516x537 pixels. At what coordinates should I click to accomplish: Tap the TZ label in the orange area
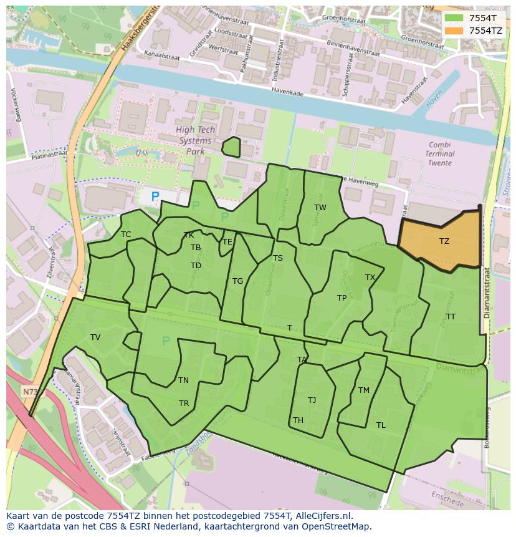click(444, 241)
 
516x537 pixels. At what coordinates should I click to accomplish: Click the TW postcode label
click(320, 208)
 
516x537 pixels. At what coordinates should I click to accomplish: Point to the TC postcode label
click(126, 235)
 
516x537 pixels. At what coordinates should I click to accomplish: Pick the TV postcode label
click(95, 337)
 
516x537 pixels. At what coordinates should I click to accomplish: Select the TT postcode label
click(451, 317)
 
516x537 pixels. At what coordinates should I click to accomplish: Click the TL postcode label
click(381, 425)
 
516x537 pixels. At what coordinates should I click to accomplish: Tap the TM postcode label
click(364, 390)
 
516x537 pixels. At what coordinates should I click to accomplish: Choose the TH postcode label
click(298, 420)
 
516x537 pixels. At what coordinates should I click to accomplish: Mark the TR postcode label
click(184, 404)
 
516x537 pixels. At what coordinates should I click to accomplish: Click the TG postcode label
click(237, 281)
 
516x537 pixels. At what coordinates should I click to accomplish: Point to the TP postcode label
click(342, 298)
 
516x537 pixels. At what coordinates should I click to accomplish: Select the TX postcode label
click(370, 278)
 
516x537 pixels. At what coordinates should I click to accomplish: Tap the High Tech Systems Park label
click(195, 140)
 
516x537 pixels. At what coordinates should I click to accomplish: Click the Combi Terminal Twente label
click(440, 153)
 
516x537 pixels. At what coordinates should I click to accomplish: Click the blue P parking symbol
click(155, 197)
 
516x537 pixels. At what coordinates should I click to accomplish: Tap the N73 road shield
click(29, 392)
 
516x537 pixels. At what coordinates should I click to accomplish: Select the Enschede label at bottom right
click(447, 499)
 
